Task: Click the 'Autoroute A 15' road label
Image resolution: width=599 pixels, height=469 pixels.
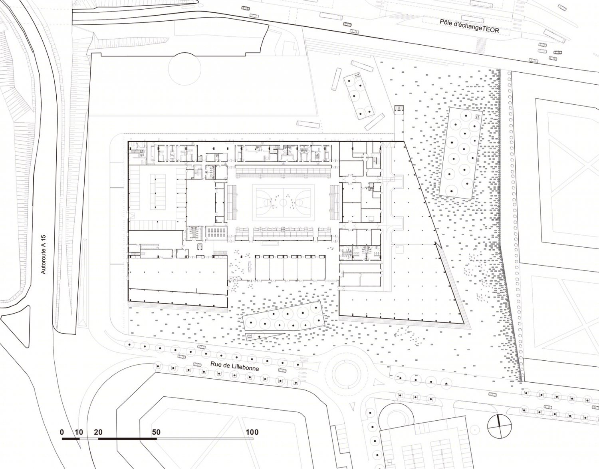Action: (x=43, y=254)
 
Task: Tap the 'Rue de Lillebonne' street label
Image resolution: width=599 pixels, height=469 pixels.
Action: (x=234, y=367)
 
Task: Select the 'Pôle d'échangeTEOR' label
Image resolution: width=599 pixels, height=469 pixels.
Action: (x=469, y=26)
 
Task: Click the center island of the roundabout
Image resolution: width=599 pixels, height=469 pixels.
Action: (x=346, y=374)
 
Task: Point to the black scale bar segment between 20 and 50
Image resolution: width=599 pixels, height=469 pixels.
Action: (x=127, y=439)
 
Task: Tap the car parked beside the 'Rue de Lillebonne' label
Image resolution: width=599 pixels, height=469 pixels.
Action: (x=197, y=364)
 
